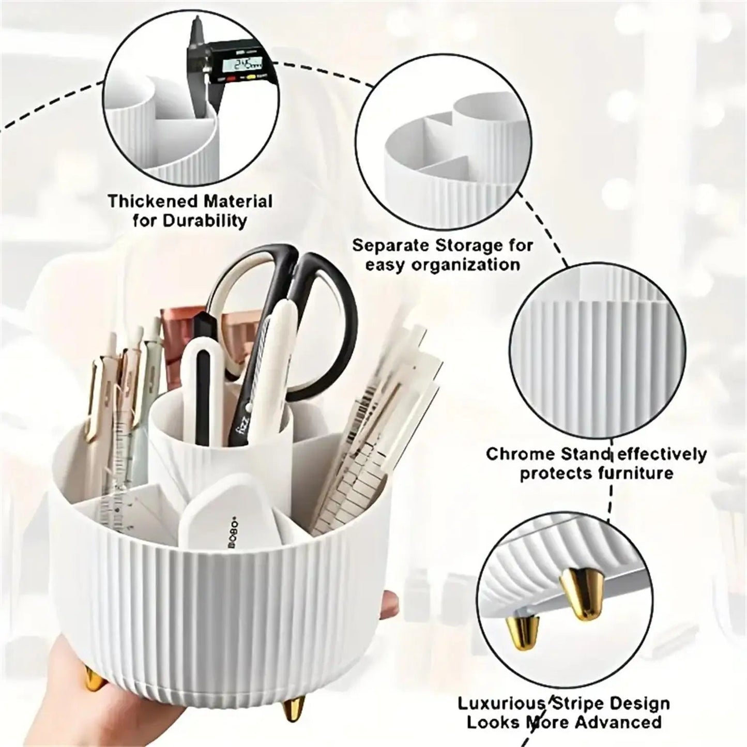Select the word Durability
coord(205,221)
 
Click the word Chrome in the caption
coord(517,454)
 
